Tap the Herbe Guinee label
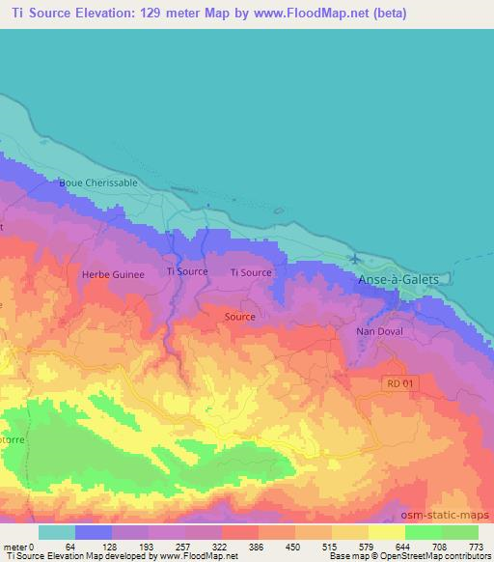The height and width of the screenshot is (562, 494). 114,274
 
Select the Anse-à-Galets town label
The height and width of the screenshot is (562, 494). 398,279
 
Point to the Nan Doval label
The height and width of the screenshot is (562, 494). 377,330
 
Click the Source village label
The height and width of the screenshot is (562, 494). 239,317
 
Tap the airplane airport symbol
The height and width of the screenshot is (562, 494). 357,259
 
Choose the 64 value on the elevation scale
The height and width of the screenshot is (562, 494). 70,546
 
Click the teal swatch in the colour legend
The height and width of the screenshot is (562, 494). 57,532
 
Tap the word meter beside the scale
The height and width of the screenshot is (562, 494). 16,546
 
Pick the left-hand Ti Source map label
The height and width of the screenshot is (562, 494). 187,272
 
